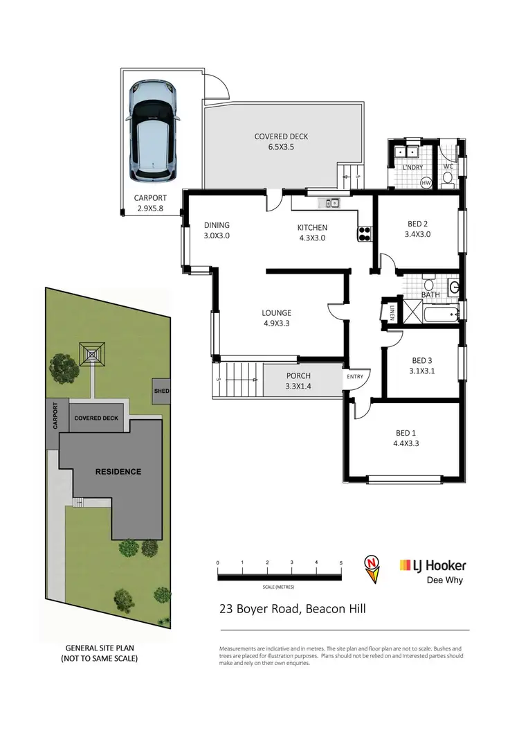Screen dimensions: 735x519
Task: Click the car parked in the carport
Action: tap(153, 130)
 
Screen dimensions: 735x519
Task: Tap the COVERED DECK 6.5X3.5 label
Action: tap(281, 142)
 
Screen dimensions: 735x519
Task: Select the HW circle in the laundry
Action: tap(426, 182)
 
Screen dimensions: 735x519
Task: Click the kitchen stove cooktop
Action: tap(365, 234)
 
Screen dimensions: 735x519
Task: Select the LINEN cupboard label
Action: tap(392, 312)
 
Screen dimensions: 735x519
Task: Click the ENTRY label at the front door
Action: tap(355, 376)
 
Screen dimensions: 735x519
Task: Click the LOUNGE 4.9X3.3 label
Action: tap(277, 318)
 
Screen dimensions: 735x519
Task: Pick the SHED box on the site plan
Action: tap(161, 391)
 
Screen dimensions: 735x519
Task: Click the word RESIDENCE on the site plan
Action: tap(118, 472)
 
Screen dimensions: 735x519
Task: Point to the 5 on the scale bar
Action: tap(341, 563)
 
